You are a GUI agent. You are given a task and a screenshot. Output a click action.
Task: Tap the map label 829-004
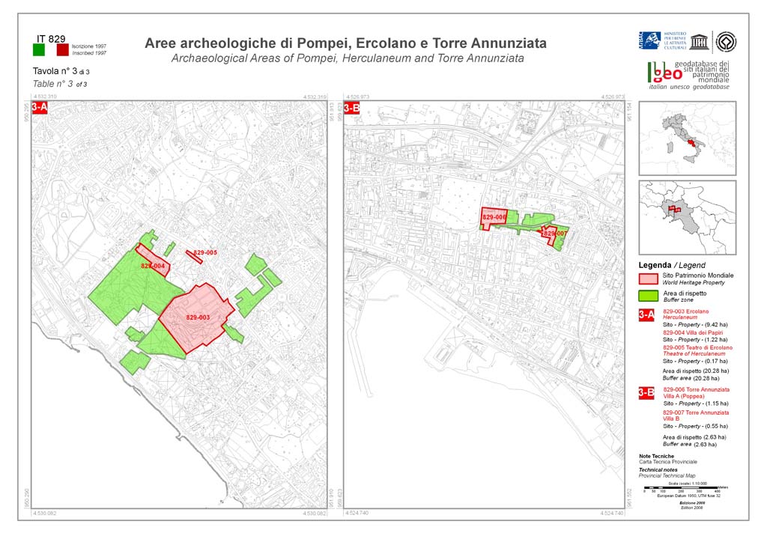coord(153,266)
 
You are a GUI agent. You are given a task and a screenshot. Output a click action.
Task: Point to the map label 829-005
coord(205,253)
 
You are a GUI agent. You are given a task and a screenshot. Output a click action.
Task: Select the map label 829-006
coord(494,217)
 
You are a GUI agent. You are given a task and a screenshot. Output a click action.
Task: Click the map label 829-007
coord(555,234)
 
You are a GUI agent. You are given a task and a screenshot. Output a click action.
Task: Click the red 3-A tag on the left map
coord(39,108)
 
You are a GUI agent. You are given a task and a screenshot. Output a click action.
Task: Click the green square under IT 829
coord(39,49)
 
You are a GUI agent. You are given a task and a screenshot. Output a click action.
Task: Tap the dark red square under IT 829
coord(62,49)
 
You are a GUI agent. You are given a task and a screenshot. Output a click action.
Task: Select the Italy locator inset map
coord(687,138)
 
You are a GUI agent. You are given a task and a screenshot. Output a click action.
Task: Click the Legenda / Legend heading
coord(671,265)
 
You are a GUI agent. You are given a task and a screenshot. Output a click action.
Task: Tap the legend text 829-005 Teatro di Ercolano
coord(697,348)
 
